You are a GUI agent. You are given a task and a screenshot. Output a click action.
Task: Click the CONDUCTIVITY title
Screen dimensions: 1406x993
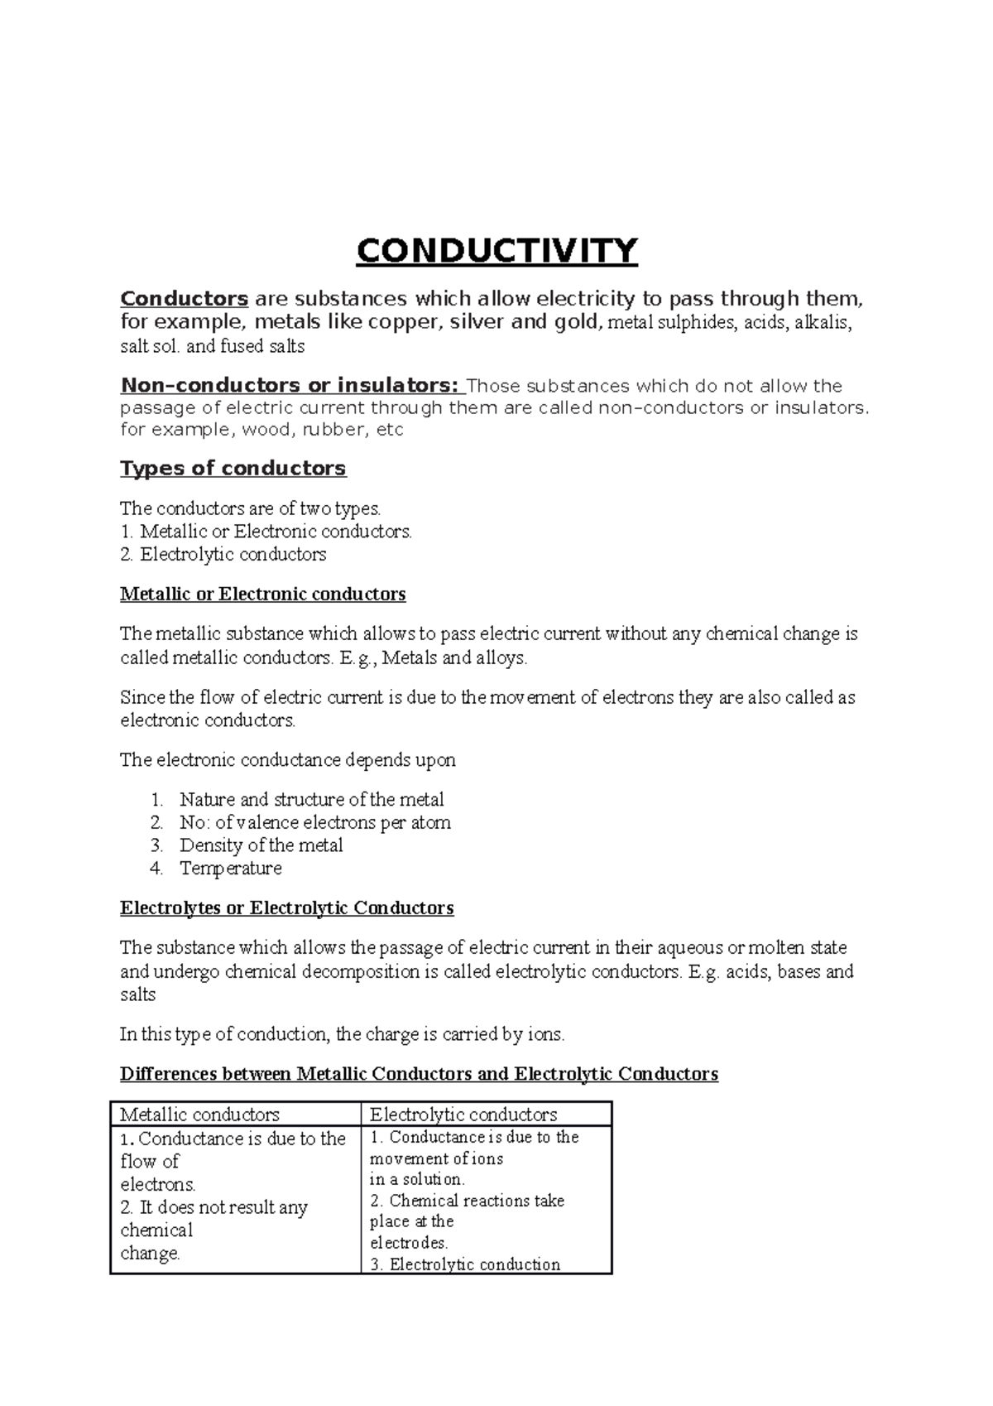pyautogui.click(x=496, y=251)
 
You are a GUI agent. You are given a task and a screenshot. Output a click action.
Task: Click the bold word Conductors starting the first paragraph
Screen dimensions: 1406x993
pyautogui.click(x=184, y=298)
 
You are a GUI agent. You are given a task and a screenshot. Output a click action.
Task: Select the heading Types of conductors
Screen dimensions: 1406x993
pyautogui.click(x=233, y=469)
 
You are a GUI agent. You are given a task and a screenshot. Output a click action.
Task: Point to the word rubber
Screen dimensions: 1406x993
pyautogui.click(x=333, y=430)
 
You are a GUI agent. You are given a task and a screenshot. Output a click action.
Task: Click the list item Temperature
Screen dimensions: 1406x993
pyautogui.click(x=230, y=868)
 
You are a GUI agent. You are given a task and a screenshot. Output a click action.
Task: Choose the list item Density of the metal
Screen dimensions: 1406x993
pyautogui.click(x=261, y=845)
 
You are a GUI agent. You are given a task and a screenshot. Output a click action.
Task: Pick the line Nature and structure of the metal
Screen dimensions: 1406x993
pyautogui.click(x=311, y=800)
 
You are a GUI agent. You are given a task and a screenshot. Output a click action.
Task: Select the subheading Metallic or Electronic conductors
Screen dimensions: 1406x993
pyautogui.click(x=262, y=594)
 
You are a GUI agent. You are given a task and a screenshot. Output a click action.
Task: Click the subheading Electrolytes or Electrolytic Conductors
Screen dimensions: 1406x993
pyautogui.click(x=286, y=908)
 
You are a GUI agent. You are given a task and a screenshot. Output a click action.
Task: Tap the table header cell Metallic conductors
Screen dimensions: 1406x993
pyautogui.click(x=199, y=1115)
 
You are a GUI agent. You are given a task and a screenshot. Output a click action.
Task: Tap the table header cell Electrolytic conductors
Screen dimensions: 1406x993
pyautogui.click(x=463, y=1115)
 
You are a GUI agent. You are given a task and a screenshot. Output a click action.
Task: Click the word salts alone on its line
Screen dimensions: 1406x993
pyautogui.click(x=137, y=994)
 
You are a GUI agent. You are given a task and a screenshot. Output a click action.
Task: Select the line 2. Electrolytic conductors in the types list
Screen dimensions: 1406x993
pyautogui.click(x=223, y=555)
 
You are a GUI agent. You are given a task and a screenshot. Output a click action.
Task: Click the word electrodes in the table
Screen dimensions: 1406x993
pyautogui.click(x=408, y=1243)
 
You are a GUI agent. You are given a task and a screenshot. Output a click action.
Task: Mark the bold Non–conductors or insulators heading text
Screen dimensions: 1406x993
pyautogui.click(x=288, y=386)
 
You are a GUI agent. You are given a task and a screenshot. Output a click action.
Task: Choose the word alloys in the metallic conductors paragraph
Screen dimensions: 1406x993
pyautogui.click(x=499, y=658)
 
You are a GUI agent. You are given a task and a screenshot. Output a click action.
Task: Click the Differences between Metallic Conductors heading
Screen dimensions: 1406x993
pyautogui.click(x=419, y=1074)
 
